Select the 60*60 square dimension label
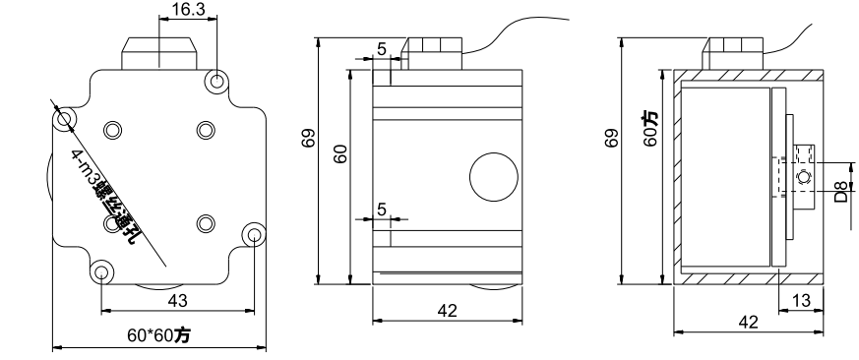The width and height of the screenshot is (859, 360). tap(159, 335)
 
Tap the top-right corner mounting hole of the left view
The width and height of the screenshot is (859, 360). tap(216, 81)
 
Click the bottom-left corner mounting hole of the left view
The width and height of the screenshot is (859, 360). tap(101, 270)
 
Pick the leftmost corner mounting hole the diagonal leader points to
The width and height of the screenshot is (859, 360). tap(65, 120)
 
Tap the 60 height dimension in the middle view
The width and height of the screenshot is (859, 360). tap(339, 152)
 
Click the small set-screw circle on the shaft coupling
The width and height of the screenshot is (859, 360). tap(803, 176)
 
